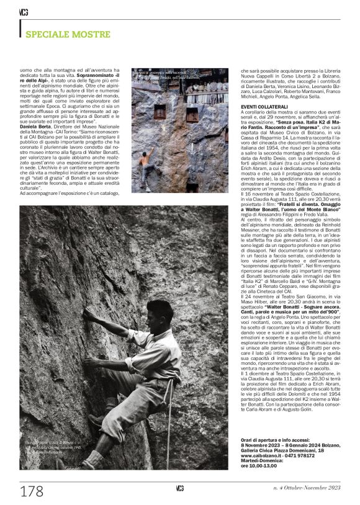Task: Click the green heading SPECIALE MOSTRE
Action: click(67, 34)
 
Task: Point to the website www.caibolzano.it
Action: click(263, 454)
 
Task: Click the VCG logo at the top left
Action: click(24, 12)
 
